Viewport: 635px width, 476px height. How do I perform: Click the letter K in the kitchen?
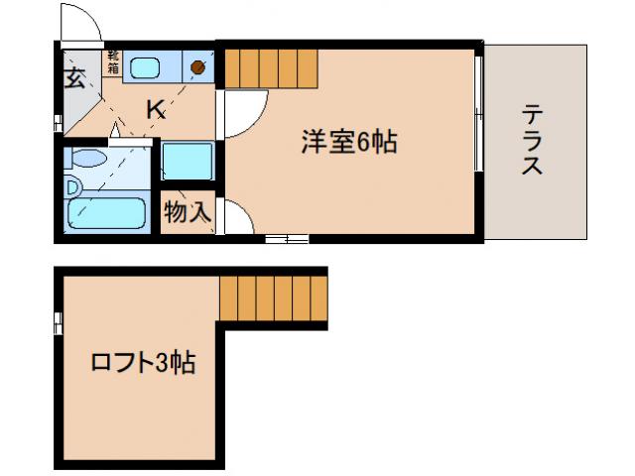[156, 110]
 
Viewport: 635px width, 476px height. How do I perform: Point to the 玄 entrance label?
[75, 79]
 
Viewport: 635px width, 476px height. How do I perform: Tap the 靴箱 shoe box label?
[113, 62]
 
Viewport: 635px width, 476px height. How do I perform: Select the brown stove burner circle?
[197, 68]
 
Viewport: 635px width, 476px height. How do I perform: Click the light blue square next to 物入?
[187, 163]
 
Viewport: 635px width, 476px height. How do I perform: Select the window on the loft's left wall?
[58, 322]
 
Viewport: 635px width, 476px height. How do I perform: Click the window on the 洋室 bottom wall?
[287, 238]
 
